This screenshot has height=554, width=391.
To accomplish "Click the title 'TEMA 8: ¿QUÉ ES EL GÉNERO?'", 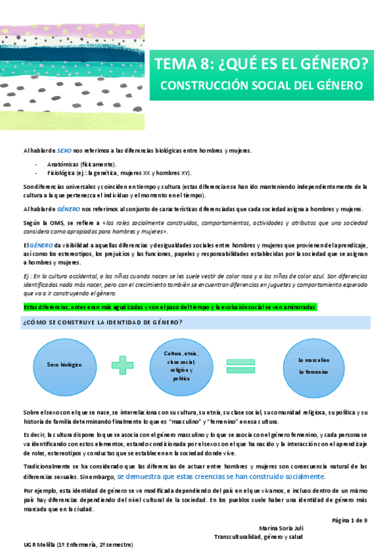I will (x=261, y=64).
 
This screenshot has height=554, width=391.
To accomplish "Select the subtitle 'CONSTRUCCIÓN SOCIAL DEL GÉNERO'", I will (x=261, y=86).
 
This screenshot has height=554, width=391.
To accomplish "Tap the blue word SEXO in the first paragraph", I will (x=64, y=151).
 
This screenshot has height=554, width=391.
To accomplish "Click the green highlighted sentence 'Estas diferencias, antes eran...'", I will (x=170, y=307).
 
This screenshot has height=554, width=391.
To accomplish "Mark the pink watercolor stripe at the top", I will (x=65, y=34).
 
